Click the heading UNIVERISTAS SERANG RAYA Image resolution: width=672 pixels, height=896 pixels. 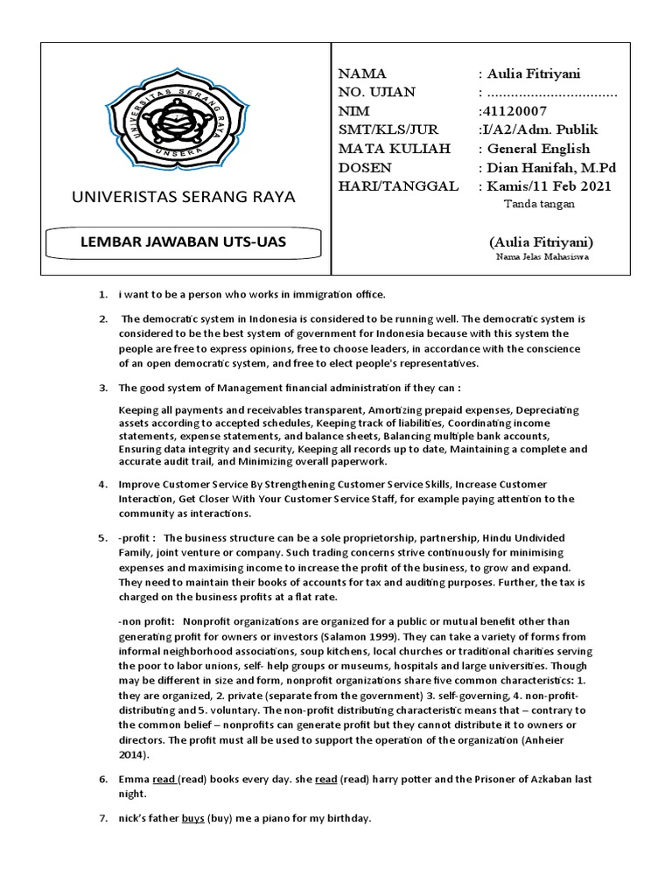pos(177,197)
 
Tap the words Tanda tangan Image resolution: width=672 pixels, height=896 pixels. pos(540,205)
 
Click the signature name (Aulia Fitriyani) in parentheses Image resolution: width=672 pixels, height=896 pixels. pos(542,241)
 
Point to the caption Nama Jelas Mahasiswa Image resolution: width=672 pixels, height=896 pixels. pos(542,257)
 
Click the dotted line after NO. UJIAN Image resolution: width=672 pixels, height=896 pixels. pos(551,93)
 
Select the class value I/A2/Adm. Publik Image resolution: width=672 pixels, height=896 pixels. pos(534,129)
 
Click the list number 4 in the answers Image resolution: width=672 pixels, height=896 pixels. pos(101,485)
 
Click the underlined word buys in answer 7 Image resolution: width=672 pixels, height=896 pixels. pos(192,819)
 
